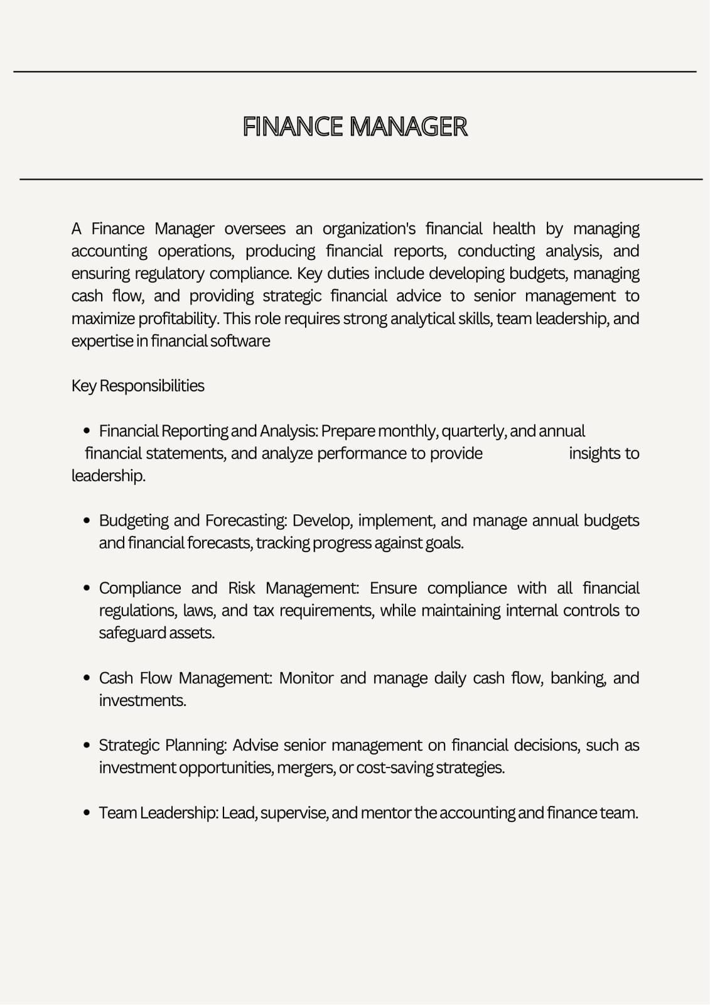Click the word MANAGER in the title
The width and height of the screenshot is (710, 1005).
tap(408, 127)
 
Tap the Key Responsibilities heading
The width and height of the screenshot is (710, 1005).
tap(137, 386)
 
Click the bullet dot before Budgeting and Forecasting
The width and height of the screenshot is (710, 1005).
tap(87, 521)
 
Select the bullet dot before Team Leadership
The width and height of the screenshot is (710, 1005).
tap(87, 813)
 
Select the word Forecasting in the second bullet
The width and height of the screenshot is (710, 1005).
tap(245, 521)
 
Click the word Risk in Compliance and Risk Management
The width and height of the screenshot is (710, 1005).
tap(242, 589)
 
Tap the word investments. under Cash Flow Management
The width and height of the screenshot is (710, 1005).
tap(143, 700)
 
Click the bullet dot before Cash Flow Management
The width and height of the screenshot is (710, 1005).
tap(87, 678)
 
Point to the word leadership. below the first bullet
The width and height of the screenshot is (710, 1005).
tap(108, 476)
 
